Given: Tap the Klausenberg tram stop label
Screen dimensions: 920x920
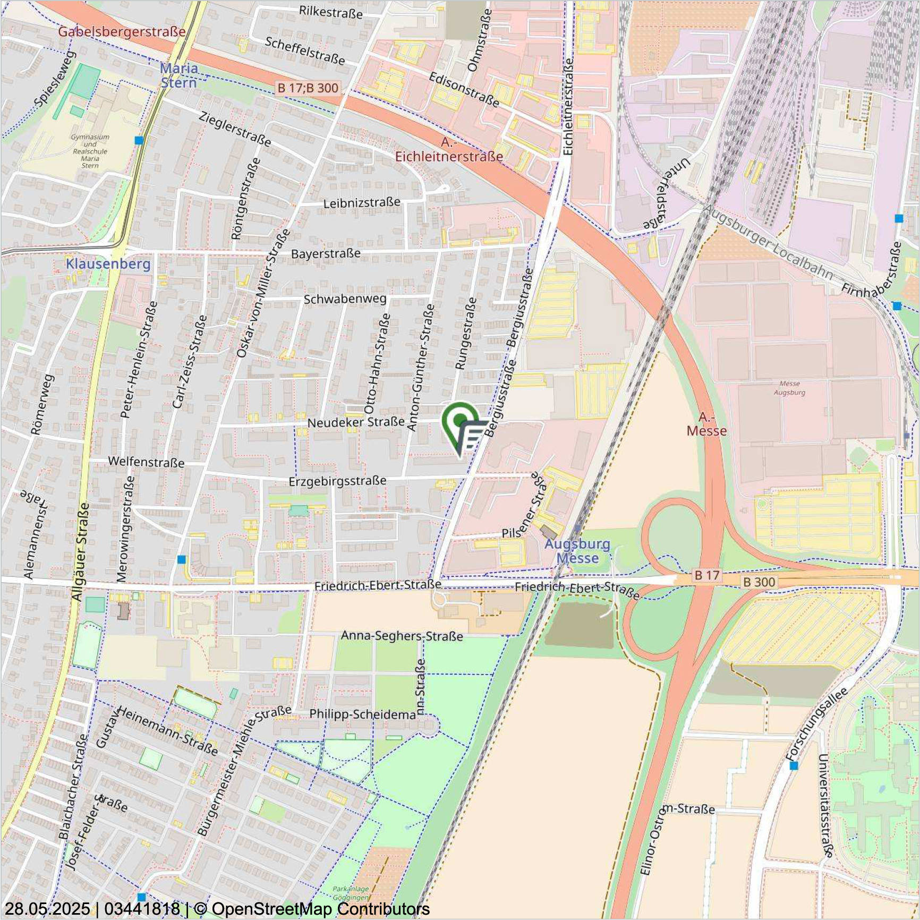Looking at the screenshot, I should pos(108,264).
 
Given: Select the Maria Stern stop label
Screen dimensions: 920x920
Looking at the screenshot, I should pos(179,75).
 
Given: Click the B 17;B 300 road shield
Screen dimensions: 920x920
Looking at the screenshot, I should pos(308,88).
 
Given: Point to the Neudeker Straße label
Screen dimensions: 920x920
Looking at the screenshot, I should pos(356,423).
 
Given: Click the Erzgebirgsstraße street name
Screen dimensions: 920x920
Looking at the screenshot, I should pos(337,481).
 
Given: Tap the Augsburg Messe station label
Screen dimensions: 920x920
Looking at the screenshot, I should pos(577,551).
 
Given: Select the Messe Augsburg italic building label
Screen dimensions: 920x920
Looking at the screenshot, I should pos(789,388).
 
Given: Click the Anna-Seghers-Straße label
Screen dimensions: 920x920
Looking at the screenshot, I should pos(402,636).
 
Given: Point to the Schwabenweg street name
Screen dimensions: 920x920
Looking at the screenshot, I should pos(345,299).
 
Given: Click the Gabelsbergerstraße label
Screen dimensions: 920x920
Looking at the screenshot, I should pos(122,31).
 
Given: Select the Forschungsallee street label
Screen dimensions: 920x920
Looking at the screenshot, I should pos(816,723).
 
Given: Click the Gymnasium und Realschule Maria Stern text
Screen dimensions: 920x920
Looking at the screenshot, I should pos(90,151).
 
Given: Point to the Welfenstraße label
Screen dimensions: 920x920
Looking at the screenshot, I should pos(146,462).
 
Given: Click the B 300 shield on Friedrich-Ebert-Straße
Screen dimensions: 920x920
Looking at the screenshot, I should pos(759,582).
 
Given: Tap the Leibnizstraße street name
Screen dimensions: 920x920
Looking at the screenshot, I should pos(362,203).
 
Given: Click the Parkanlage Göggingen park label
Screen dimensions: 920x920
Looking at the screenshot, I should pos(351,893).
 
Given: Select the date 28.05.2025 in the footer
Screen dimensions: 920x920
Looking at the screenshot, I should pos(47,909).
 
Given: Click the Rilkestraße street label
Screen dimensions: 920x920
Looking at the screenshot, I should pos(330,12).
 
